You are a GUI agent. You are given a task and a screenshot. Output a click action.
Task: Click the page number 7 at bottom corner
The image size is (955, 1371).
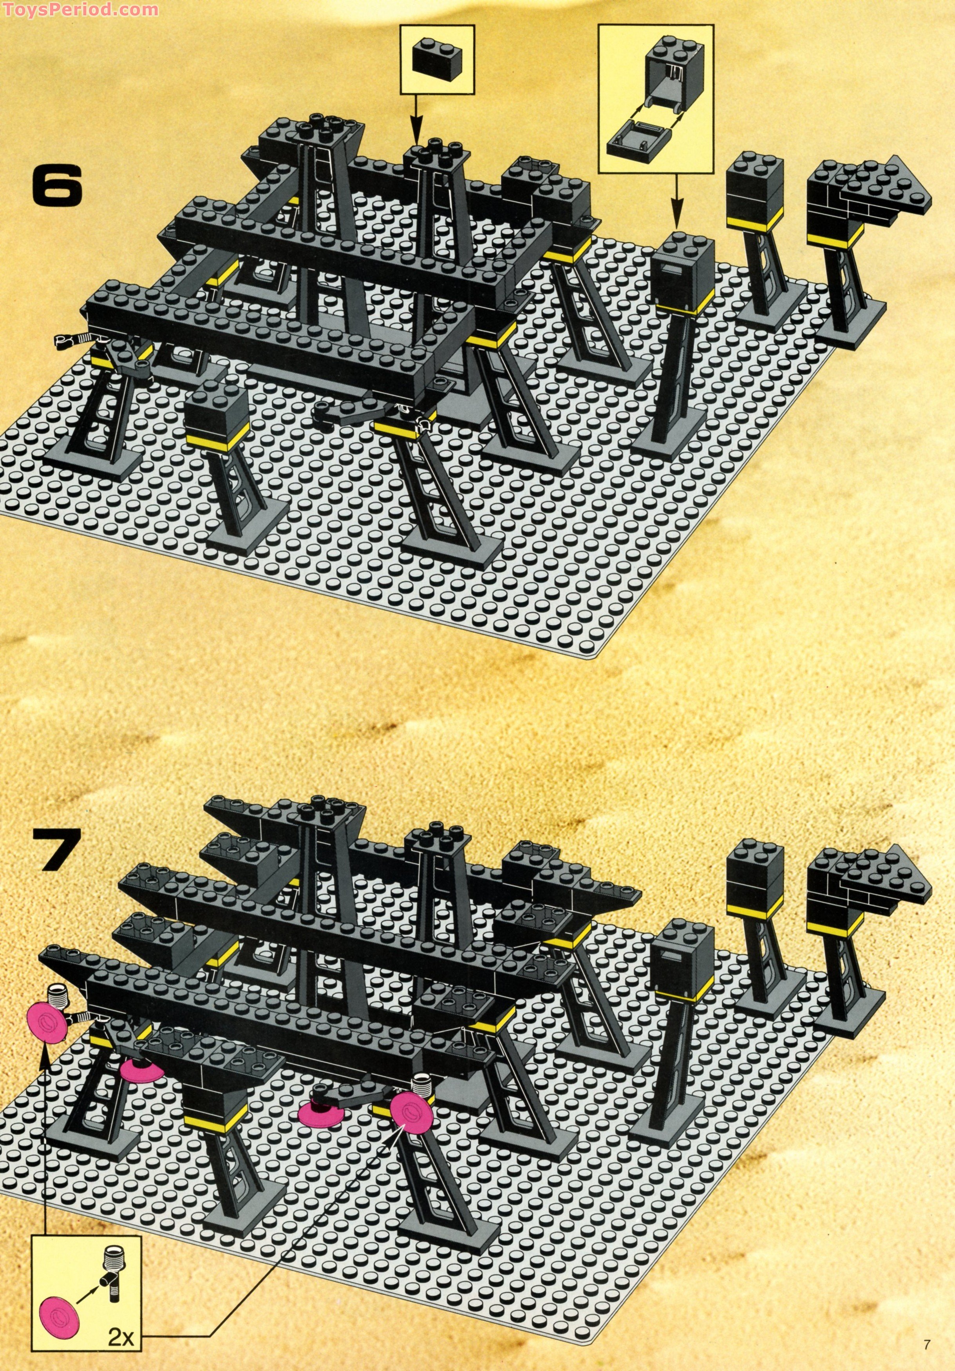[x=926, y=1340]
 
